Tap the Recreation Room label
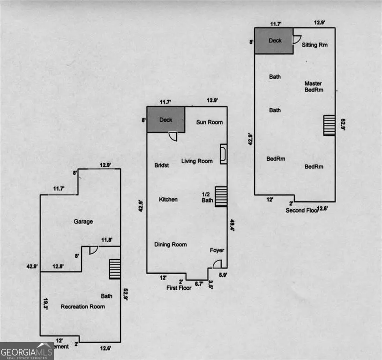82,307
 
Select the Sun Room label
209,122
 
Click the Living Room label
197,161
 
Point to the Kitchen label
168,200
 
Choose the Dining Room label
171,245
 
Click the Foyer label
217,250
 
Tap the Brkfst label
161,165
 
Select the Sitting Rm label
314,45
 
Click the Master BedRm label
314,87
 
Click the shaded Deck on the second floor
274,41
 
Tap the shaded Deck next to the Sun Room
165,120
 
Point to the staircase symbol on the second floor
330,125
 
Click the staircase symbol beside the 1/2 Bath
221,196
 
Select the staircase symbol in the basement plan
115,270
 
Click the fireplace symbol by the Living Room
224,154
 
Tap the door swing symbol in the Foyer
217,264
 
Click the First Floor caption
179,288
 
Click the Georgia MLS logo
26,351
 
